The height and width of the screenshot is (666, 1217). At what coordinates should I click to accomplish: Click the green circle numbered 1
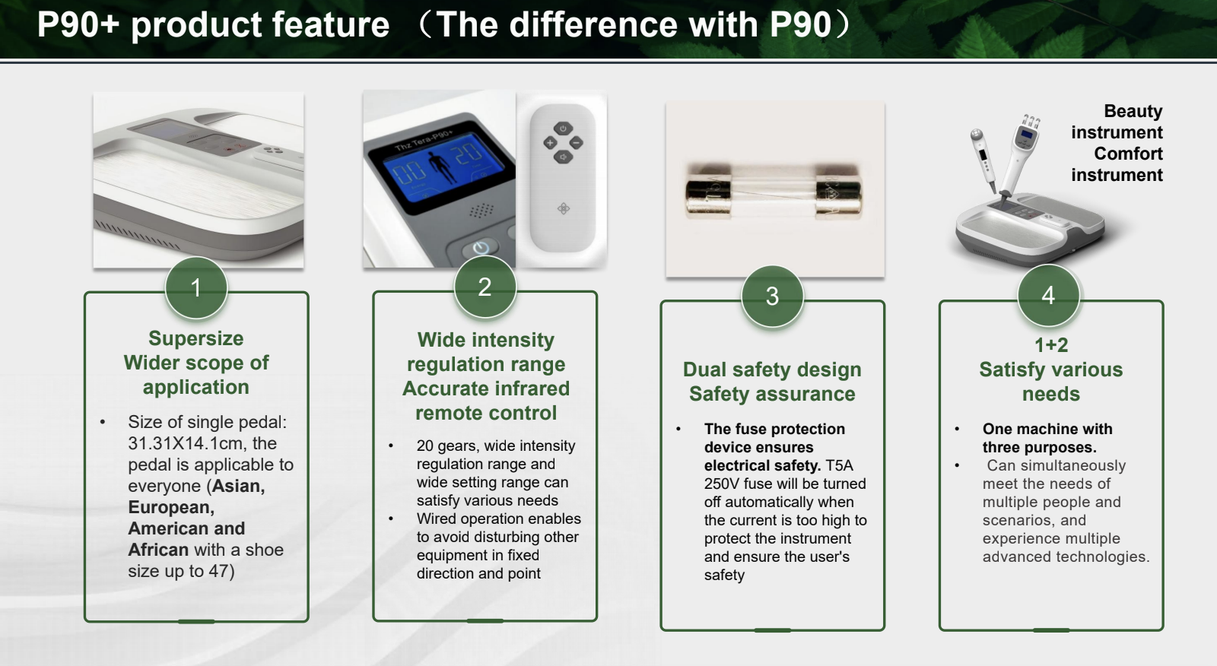pos(196,287)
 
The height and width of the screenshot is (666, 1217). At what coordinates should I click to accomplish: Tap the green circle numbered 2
pos(485,287)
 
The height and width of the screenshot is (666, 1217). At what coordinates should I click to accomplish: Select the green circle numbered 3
pos(772,296)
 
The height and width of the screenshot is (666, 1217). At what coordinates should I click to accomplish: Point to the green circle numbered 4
pos(1048,295)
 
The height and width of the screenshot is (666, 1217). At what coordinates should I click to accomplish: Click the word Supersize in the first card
pos(196,338)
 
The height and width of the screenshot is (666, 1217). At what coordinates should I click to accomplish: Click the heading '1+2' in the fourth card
pos(1051,345)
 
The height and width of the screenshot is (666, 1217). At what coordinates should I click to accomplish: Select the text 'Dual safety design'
pos(772,369)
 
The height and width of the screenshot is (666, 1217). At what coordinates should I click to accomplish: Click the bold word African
pos(158,550)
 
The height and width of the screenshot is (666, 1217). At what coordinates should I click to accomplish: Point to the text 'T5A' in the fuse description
pos(840,465)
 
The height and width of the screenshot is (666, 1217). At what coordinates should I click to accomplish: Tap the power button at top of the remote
pos(563,128)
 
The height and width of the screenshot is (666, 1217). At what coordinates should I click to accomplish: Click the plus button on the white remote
pos(550,143)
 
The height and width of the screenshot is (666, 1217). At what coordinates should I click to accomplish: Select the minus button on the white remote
pos(577,143)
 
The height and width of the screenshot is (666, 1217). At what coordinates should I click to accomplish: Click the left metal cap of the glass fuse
pos(708,191)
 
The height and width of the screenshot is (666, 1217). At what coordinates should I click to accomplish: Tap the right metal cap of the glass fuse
pos(838,191)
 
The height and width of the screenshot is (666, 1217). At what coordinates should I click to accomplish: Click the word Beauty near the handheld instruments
pos(1133,111)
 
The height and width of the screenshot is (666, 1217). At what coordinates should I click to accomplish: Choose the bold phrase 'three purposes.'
pos(1039,448)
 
